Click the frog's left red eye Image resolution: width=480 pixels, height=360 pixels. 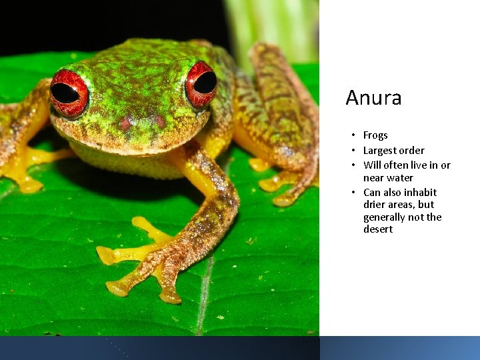(68, 92)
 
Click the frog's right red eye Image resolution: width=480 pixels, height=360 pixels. (201, 84)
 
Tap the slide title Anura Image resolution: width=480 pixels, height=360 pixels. (373, 98)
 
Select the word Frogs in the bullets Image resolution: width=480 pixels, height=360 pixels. (375, 135)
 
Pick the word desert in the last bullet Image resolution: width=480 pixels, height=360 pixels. (378, 229)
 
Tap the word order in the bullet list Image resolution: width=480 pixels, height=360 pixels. (411, 151)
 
